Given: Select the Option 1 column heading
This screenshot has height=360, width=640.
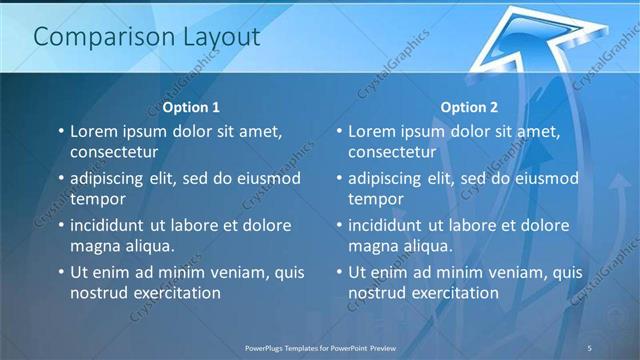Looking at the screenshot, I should pyautogui.click(x=191, y=107).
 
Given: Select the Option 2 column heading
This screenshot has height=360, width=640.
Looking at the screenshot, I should pyautogui.click(x=469, y=107).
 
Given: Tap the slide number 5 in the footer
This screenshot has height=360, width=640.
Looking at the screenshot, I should pyautogui.click(x=590, y=347).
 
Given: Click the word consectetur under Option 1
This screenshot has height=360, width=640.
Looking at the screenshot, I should pyautogui.click(x=114, y=152).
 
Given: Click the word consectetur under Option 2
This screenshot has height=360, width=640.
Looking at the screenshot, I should pyautogui.click(x=392, y=152).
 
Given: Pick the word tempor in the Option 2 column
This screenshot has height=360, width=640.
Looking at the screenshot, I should pyautogui.click(x=375, y=198).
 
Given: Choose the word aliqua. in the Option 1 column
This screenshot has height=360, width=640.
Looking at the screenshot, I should pyautogui.click(x=147, y=245).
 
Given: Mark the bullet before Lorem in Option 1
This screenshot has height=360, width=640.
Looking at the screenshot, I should pyautogui.click(x=60, y=132).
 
